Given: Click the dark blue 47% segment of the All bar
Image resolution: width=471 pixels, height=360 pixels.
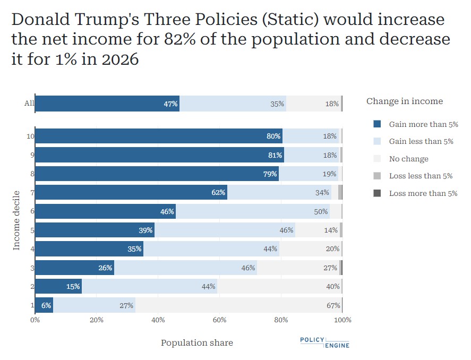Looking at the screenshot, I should (x=107, y=104).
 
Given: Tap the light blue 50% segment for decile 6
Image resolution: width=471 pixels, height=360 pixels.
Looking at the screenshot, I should (x=252, y=211).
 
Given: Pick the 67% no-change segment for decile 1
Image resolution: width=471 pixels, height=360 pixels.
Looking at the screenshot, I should (x=238, y=305).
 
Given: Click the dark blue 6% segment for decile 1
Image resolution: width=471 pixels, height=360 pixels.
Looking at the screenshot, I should (x=44, y=305).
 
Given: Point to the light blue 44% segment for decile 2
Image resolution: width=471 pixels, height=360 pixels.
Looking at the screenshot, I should (x=149, y=287).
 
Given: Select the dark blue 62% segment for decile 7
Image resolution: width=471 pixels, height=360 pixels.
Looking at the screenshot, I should (x=131, y=193).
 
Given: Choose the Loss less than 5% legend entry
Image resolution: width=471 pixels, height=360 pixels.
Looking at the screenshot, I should (x=421, y=176).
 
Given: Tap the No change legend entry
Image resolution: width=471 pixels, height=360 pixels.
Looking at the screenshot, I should (x=408, y=159).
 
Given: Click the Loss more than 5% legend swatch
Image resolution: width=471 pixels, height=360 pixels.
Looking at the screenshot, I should (x=377, y=193).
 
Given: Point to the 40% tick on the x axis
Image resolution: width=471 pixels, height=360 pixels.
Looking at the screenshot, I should (x=158, y=320).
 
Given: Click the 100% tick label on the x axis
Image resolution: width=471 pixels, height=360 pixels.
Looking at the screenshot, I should (x=342, y=320).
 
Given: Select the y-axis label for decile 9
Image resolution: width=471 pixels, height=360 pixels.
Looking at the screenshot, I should (x=32, y=155).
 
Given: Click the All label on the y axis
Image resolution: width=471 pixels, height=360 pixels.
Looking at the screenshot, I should (x=29, y=104).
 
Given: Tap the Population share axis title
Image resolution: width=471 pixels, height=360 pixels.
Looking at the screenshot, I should (x=197, y=343).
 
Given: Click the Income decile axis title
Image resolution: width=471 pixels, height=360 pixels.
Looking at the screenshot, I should (x=16, y=220).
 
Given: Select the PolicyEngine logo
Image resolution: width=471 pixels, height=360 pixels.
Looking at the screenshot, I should (x=324, y=342).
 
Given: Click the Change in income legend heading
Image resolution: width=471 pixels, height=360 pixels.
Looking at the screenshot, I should (x=404, y=101).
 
